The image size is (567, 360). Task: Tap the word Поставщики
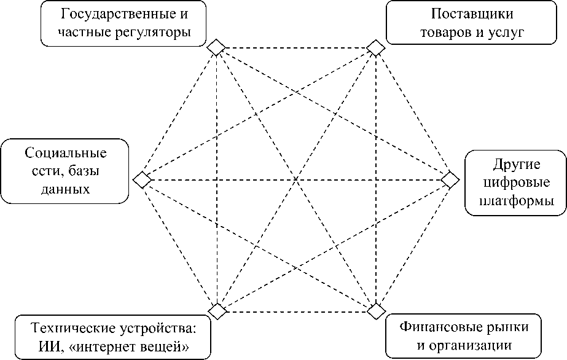tap(472, 14)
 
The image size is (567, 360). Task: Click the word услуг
tap(504, 32)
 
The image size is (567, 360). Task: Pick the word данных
tap(66, 189)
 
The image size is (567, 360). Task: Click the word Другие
tap(516, 164)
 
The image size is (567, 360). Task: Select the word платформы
tap(516, 201)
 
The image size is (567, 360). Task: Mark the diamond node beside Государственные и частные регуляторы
tap(216, 47)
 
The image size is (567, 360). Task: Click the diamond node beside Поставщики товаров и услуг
tap(376, 47)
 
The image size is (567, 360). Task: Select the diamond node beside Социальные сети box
tap(142, 180)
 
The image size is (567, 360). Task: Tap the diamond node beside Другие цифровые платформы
tap(450, 179)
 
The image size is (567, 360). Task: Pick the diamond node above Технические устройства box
tap(216, 311)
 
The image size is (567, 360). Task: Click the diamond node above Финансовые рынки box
tap(376, 311)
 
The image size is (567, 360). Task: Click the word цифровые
tap(516, 182)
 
